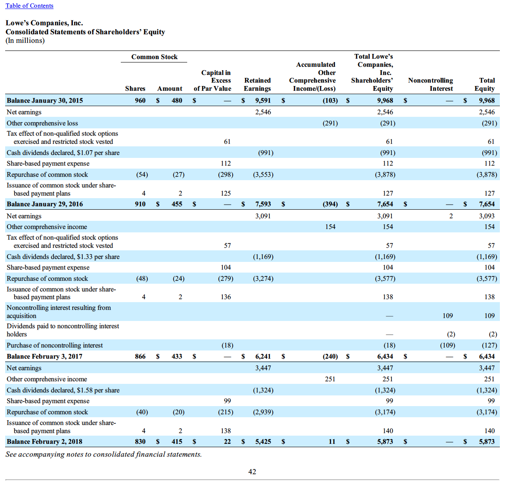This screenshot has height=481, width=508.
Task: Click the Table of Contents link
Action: tap(30, 6)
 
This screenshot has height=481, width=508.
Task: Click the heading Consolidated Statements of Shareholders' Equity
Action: tap(85, 32)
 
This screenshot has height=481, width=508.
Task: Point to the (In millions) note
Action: tap(25, 41)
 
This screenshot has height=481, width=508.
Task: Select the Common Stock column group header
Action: tap(154, 57)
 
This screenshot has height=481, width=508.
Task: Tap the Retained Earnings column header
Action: tap(257, 84)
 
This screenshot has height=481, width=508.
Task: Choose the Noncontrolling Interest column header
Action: tap(430, 84)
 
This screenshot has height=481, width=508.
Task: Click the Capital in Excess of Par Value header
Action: tap(213, 80)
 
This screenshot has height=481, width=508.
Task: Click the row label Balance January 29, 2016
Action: tap(45, 204)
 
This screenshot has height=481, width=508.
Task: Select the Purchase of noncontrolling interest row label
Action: tap(55, 345)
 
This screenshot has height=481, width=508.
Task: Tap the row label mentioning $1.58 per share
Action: tap(63, 390)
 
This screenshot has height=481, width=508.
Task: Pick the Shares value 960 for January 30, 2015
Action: tap(140, 101)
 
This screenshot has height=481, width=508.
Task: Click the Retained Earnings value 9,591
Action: tap(263, 101)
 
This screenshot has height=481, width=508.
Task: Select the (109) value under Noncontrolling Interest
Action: tap(448, 345)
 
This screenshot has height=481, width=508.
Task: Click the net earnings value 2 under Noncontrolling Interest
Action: tap(451, 216)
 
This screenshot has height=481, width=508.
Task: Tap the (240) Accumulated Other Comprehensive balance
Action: tap(330, 356)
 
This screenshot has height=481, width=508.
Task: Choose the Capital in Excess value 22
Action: tap(227, 442)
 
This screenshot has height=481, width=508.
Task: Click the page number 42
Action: tap(252, 472)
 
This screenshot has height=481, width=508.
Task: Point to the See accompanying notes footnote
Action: tap(104, 454)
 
